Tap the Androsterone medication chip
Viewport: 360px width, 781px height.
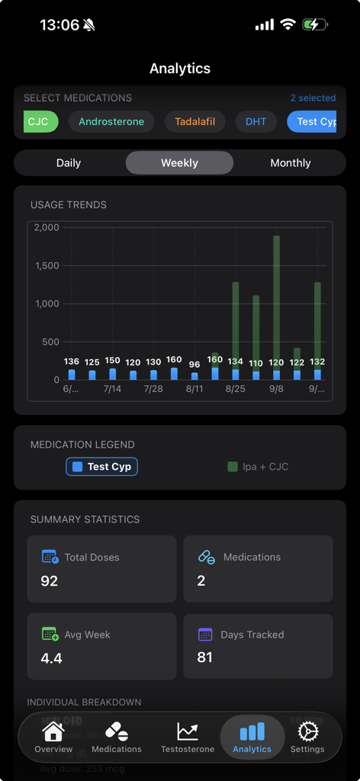(111, 122)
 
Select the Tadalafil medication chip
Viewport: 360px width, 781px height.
(194, 122)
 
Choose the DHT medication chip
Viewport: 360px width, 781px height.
(256, 122)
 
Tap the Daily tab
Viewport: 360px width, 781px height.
(69, 162)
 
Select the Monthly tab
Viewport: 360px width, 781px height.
(291, 162)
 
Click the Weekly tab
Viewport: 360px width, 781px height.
(179, 162)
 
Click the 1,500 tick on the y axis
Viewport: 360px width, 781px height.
(47, 265)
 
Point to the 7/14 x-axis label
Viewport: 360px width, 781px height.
(112, 389)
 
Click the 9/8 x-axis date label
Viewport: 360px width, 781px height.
(276, 389)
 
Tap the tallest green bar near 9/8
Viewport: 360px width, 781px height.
(276, 305)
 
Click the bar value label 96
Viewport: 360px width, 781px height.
(194, 365)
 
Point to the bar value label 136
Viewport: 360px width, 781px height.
(72, 362)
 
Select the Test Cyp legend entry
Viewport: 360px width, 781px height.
(101, 467)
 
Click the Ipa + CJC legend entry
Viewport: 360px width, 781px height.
(258, 467)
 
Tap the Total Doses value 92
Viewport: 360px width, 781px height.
(50, 581)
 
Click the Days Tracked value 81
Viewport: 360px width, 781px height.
(204, 657)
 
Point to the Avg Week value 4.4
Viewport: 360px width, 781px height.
(51, 657)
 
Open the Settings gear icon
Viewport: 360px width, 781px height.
(307, 731)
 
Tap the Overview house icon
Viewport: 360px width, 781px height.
(53, 731)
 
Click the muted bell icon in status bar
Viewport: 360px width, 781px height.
(89, 25)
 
